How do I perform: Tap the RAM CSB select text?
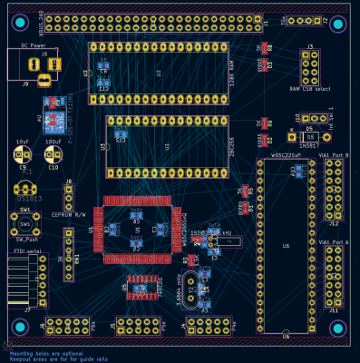[310, 88]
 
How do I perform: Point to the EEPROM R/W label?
[68, 215]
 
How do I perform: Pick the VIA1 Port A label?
[334, 242]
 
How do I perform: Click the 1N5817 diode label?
[308, 144]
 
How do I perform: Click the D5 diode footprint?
[308, 136]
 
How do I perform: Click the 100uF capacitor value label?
[53, 142]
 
